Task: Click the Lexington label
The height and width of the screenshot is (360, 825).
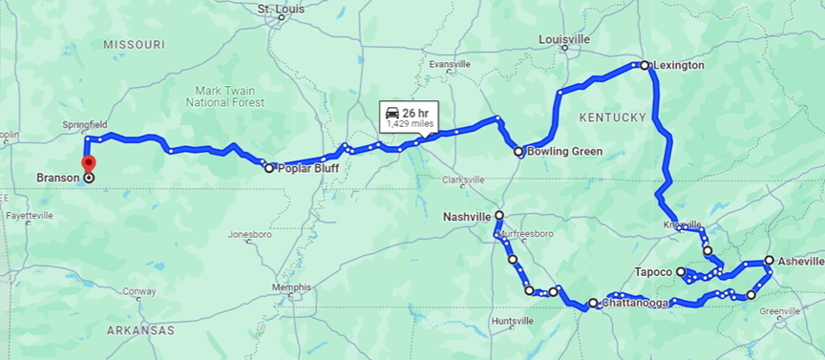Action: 680,65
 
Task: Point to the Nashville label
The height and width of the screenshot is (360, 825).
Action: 467,216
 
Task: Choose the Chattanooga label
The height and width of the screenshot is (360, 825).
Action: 636,304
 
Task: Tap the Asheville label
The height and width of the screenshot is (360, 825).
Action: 800,261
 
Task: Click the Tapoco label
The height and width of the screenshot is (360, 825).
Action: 654,272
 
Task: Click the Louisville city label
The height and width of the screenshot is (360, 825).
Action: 564,39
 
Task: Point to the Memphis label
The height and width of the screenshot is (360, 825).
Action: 291,286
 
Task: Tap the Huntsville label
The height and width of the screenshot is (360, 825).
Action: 514,321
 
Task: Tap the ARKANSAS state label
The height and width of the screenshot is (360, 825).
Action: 140,329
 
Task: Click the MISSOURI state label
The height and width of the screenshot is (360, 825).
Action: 135,45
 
